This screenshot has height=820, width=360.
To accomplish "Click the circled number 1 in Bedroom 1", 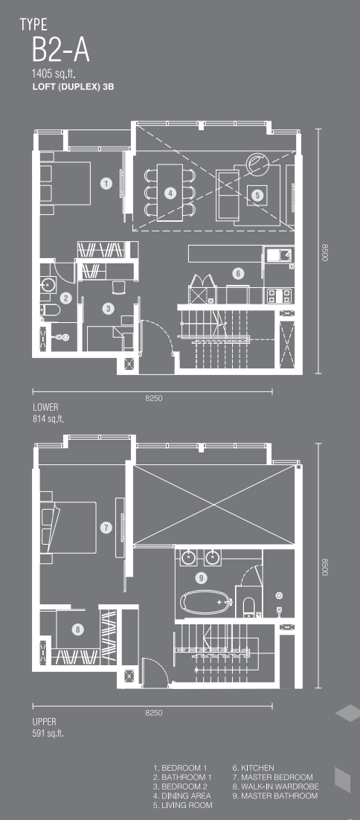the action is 106,184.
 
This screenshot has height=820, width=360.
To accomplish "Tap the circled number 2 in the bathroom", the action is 66,298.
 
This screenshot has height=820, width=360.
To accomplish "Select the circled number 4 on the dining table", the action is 170,193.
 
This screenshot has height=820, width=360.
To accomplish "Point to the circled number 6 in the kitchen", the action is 238,273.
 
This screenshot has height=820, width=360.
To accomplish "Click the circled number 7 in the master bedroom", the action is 106,528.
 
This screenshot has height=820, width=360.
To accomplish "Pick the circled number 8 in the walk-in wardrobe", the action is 78,630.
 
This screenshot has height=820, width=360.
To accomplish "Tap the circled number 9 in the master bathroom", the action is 200,578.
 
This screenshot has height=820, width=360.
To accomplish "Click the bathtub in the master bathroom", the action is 205,603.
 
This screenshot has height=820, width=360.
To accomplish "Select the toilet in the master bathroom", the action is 248,606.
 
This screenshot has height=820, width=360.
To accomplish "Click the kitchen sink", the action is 280,256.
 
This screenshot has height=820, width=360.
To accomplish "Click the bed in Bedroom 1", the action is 66,183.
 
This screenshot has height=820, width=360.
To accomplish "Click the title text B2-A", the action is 60,52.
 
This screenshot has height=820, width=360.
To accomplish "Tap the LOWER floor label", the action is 45,406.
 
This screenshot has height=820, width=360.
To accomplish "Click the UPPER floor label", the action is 45,722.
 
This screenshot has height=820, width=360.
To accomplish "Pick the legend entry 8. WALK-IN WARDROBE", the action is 275,786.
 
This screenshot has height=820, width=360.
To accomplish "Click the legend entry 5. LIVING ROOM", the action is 183,805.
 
